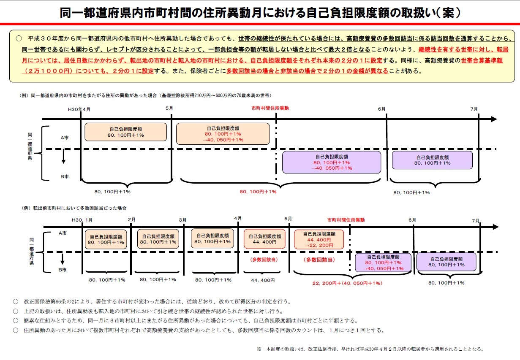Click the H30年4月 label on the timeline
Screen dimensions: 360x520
[79, 109]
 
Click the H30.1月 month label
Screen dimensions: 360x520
[82, 220]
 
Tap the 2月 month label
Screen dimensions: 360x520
[131, 220]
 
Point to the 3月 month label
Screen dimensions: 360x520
[182, 220]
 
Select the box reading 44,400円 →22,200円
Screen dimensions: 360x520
[319, 240]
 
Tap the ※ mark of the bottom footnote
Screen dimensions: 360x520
[259, 349]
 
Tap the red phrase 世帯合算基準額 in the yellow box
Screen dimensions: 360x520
[482, 60]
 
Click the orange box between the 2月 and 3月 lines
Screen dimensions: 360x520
[158, 239]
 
